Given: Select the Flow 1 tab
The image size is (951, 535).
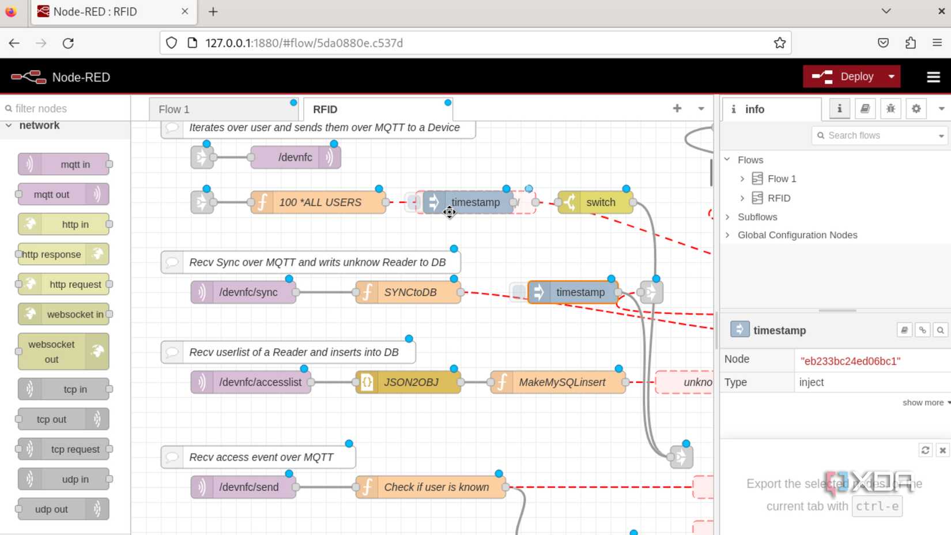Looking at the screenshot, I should (x=174, y=110).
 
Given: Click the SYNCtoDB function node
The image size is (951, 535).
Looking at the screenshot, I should (x=409, y=292).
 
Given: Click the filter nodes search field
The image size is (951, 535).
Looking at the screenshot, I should (x=66, y=108).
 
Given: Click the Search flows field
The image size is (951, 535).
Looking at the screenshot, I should (x=876, y=135).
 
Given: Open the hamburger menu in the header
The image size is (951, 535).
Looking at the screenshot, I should (x=933, y=77).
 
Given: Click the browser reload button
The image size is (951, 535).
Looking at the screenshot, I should (x=68, y=43).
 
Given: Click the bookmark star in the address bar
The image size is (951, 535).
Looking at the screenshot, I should (x=779, y=43).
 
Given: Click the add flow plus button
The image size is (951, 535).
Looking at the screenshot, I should (x=677, y=108).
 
